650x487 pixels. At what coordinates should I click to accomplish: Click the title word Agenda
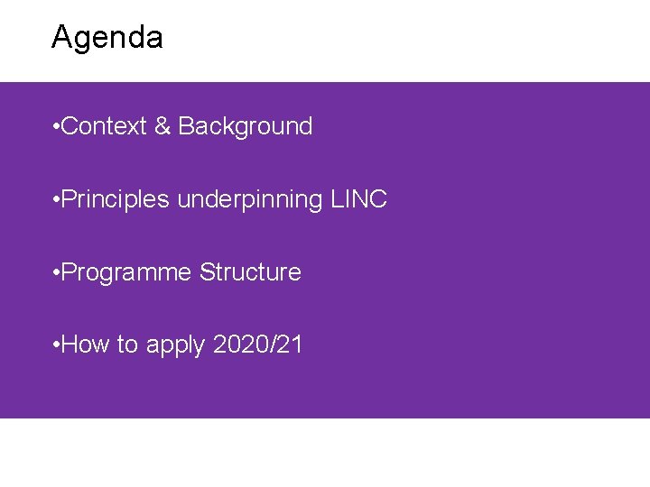pos(107,38)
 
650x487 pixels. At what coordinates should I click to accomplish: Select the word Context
pos(104,126)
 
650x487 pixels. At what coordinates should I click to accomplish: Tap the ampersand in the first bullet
pos(162,126)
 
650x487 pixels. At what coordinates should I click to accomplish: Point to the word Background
pos(246,126)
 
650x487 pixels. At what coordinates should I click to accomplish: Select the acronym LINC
pos(358,199)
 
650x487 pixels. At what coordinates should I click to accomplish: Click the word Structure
pos(250,272)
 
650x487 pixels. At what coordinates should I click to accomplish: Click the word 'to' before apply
pos(127,345)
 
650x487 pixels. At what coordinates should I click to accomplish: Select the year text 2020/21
pos(258,345)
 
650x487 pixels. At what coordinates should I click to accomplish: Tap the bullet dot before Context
pos(56,127)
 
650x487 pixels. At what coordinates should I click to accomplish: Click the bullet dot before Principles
pos(56,200)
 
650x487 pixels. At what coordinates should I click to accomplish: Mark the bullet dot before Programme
pos(56,273)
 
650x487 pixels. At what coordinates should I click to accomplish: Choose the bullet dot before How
pos(56,345)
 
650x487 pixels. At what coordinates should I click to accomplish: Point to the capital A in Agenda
pos(62,38)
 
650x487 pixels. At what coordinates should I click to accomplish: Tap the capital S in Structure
pos(207,272)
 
